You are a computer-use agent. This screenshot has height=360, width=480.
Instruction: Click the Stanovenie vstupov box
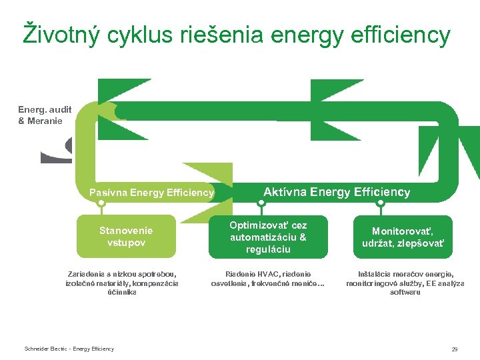click(126, 236)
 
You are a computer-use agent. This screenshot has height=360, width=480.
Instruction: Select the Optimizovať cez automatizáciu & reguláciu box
click(268, 237)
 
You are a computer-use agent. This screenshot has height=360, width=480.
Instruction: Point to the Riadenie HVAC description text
click(269, 279)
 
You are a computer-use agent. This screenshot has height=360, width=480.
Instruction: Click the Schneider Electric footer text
click(69, 349)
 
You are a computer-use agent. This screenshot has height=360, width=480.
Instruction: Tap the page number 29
click(454, 349)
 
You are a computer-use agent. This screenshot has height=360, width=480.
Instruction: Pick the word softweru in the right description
click(405, 292)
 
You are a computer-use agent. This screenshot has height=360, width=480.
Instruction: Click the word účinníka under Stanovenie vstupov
click(122, 292)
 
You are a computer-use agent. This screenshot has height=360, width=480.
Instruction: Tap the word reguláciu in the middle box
click(268, 249)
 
